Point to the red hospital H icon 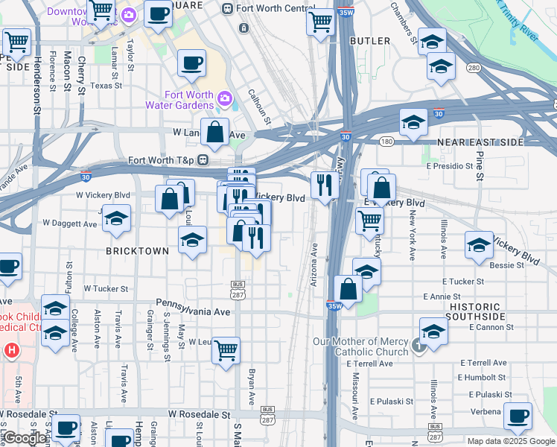[11, 349]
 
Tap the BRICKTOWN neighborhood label [137, 251]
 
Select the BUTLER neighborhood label [370, 40]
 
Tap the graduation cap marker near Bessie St [478, 245]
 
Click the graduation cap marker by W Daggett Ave [116, 218]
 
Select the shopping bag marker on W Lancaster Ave [214, 133]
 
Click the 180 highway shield [385, 142]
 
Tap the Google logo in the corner [24, 439]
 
